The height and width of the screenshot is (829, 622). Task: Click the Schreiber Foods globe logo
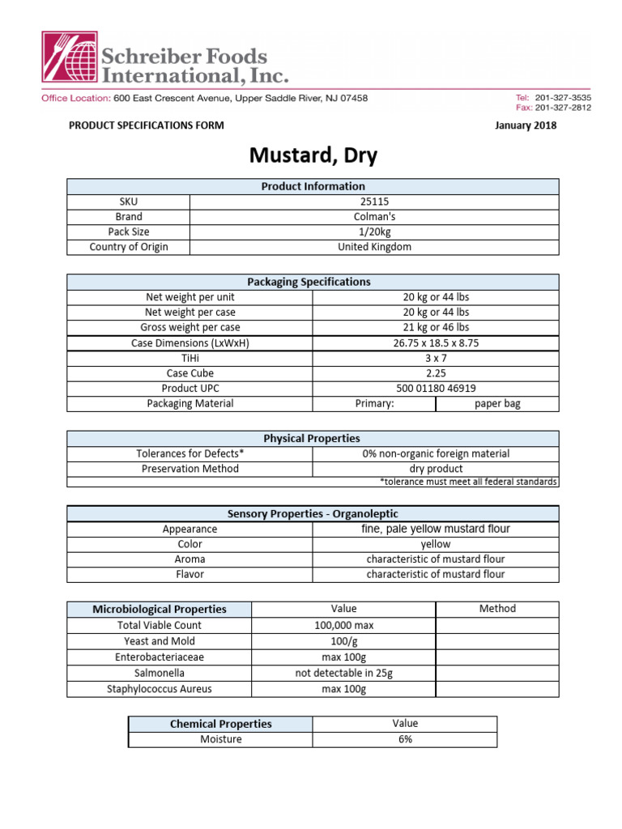[69, 58]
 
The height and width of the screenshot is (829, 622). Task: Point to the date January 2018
[525, 125]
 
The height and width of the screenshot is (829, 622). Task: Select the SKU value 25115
[374, 202]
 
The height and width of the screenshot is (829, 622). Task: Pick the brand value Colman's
[374, 217]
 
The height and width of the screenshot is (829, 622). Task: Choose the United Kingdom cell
[374, 247]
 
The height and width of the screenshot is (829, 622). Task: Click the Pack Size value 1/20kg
[374, 232]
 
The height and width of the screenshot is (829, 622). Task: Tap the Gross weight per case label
[190, 327]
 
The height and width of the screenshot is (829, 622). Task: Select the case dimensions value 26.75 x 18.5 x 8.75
[436, 342]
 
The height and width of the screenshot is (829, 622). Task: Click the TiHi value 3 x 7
[436, 358]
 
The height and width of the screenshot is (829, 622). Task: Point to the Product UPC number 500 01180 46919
[436, 389]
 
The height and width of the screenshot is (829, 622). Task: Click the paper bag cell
[497, 404]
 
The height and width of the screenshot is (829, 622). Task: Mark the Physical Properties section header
[312, 438]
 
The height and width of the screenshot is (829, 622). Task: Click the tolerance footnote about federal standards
[468, 482]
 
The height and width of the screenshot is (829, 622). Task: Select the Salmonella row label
[160, 673]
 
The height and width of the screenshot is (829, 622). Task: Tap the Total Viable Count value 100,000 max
[344, 625]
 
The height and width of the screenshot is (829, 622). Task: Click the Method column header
[497, 609]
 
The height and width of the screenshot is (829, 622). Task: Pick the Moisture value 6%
[405, 739]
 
